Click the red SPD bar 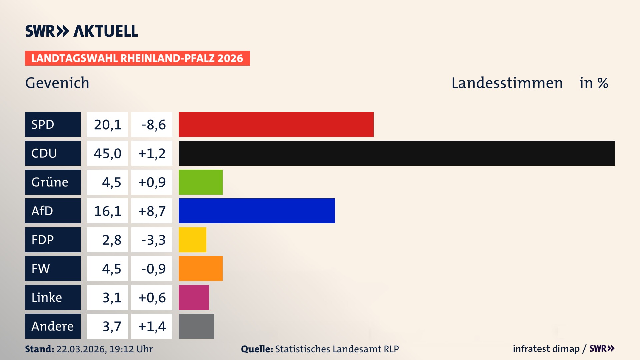click(x=276, y=124)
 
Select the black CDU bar click(x=397, y=153)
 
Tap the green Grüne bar click(x=200, y=182)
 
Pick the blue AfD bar click(x=257, y=211)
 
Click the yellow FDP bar click(x=192, y=240)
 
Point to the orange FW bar click(x=200, y=268)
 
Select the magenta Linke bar click(x=194, y=297)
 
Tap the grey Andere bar click(x=196, y=326)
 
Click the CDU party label click(x=53, y=153)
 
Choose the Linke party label click(x=53, y=297)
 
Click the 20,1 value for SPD click(x=107, y=125)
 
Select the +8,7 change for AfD click(x=152, y=211)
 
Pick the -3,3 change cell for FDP click(x=152, y=240)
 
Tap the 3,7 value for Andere click(x=107, y=326)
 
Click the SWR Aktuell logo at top click(x=81, y=31)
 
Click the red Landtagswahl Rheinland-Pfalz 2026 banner click(x=137, y=58)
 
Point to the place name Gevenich click(x=57, y=83)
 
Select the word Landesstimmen click(x=507, y=83)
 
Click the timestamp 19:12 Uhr click(x=131, y=349)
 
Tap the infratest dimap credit click(x=546, y=349)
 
